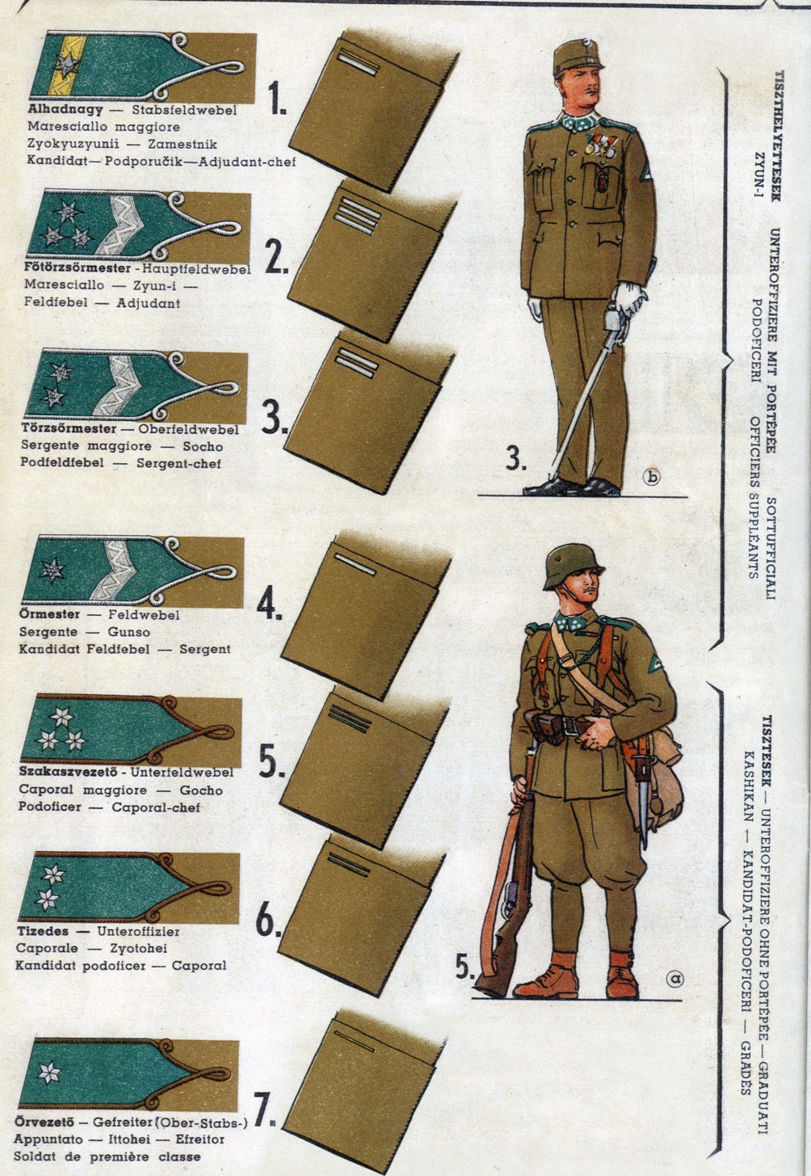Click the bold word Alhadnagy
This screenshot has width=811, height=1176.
click(x=65, y=110)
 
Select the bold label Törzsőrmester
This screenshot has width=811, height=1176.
click(x=69, y=428)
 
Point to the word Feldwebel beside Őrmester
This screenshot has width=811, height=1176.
click(x=144, y=614)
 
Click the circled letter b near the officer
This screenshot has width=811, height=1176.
click(x=652, y=477)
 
